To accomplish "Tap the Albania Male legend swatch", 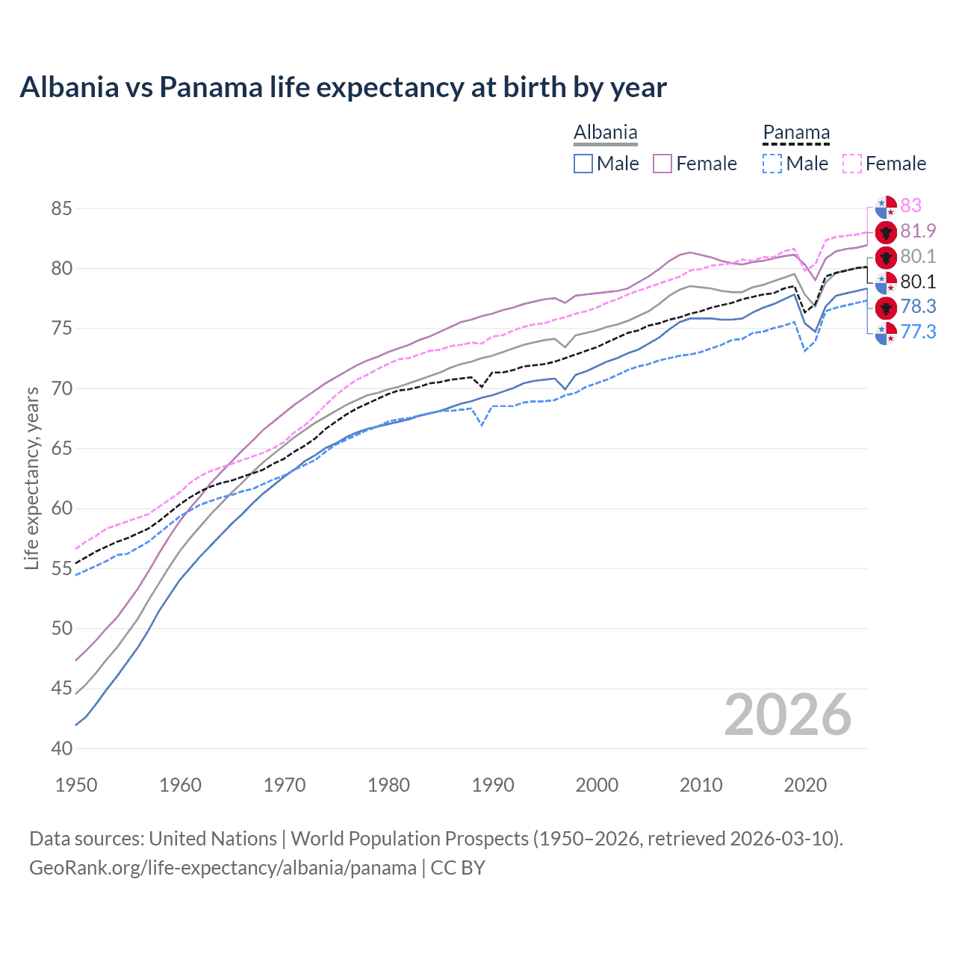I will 583,164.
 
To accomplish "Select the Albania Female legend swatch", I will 662,164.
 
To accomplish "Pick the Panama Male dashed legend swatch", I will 772,164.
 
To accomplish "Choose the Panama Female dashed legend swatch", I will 852,164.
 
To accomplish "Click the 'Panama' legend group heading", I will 796,133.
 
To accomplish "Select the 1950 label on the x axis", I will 76,785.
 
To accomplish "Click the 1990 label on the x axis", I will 493,785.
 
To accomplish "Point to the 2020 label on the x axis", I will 805,785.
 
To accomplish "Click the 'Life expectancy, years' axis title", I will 32,478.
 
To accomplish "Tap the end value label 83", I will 910,205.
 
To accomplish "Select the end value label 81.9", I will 918,231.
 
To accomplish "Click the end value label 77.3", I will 918,332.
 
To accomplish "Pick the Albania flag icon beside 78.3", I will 886,307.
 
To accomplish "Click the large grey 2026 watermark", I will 787,715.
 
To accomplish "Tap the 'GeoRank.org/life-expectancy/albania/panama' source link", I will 223,868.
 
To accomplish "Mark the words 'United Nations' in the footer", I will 213,839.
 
